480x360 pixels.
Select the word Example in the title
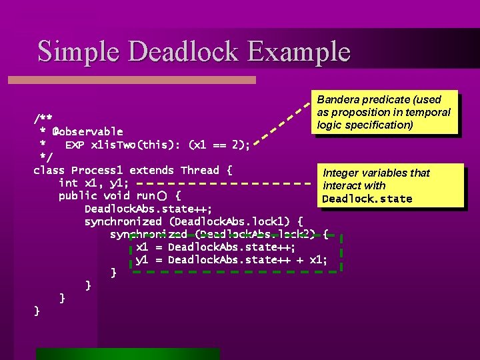[x=301, y=51]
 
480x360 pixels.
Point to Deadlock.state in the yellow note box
[x=367, y=199]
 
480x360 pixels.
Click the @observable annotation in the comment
[x=88, y=131]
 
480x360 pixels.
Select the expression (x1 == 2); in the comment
[x=220, y=144]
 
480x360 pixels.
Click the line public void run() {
[x=119, y=195]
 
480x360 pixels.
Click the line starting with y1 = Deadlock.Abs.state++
[x=231, y=259]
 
